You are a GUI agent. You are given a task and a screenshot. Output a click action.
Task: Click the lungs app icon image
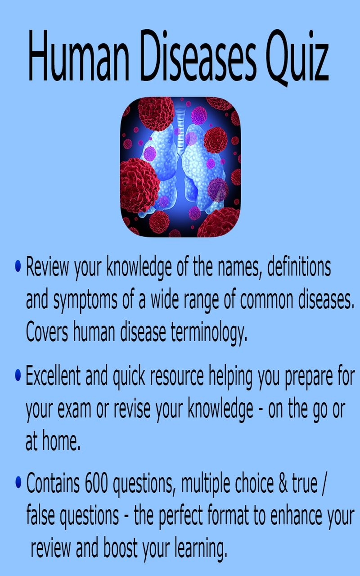click(x=180, y=167)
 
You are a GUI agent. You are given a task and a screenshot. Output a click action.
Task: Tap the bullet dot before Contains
click(x=18, y=482)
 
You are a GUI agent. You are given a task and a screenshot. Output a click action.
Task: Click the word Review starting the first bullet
click(x=47, y=268)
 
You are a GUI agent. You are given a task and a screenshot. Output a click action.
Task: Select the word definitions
click(x=299, y=268)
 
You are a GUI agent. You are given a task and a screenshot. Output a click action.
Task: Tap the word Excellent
click(x=53, y=376)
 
